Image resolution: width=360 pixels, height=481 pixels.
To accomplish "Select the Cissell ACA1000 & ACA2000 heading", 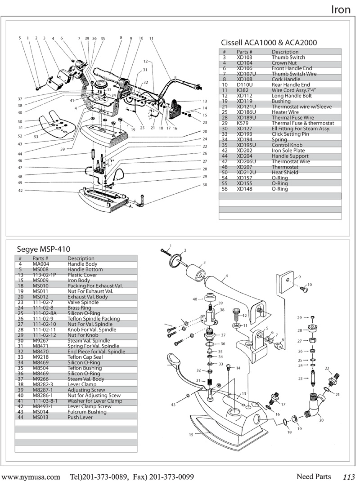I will pyautogui.click(x=269, y=43).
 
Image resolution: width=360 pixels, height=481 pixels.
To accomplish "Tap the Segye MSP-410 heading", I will pyautogui.click(x=43, y=249).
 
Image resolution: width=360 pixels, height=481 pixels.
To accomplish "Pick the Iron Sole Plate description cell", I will pyautogui.click(x=288, y=151).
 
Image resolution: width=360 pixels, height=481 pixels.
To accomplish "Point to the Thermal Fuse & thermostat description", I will pyautogui.click(x=303, y=123).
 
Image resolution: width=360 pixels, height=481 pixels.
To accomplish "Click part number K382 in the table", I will pyautogui.click(x=242, y=90).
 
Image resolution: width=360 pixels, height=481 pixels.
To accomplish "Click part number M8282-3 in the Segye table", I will pyautogui.click(x=43, y=384).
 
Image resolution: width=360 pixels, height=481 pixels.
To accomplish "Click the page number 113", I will pyautogui.click(x=349, y=477).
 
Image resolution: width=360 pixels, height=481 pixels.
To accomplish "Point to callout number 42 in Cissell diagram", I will pyautogui.click(x=20, y=190).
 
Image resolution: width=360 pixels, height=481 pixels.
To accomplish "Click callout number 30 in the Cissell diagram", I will pyautogui.click(x=205, y=185).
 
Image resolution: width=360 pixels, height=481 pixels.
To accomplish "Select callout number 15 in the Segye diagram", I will pyautogui.click(x=191, y=435).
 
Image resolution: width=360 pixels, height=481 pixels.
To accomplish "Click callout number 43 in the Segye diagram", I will pyautogui.click(x=173, y=405).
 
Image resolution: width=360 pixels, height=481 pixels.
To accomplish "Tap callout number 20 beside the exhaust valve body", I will pyautogui.click(x=321, y=420).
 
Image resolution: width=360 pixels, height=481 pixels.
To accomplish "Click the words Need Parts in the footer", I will pyautogui.click(x=313, y=477).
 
